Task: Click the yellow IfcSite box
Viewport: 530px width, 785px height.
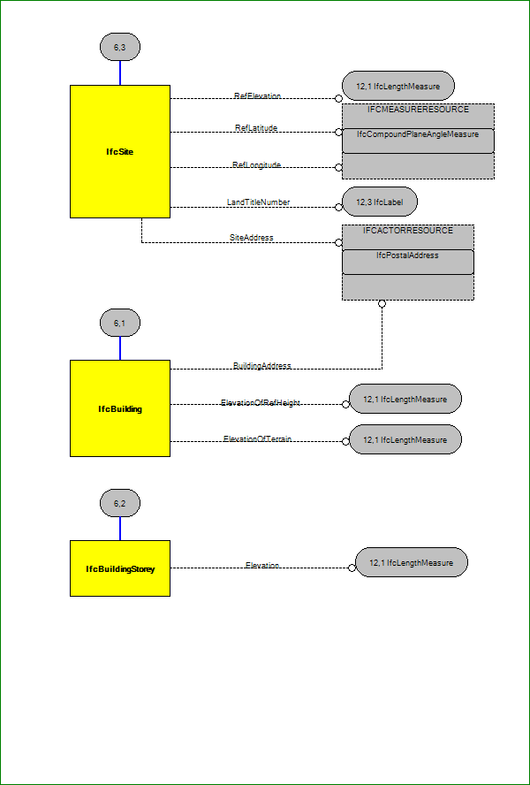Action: (x=119, y=151)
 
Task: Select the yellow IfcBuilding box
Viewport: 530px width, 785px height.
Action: (x=119, y=408)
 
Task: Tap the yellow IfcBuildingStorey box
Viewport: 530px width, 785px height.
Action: (x=119, y=568)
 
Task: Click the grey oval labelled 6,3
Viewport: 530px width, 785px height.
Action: (x=120, y=46)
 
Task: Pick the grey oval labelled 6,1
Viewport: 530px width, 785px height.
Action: (x=120, y=323)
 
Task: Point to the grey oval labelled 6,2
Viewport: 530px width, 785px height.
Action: (x=120, y=504)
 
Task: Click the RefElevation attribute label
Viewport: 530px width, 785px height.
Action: (x=257, y=95)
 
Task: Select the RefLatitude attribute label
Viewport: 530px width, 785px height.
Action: (x=256, y=128)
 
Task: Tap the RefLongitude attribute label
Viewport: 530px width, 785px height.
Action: (x=256, y=164)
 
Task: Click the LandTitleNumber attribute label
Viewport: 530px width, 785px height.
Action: (x=258, y=202)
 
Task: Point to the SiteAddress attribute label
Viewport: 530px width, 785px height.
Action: (x=252, y=237)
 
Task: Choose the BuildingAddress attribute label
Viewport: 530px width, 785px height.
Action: (x=261, y=365)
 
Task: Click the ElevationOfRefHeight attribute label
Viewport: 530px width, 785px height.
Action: (x=261, y=403)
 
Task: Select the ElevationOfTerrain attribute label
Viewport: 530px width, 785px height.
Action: (x=257, y=439)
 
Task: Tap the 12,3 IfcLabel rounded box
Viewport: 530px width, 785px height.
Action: (x=380, y=202)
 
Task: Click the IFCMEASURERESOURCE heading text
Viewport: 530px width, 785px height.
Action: (x=418, y=110)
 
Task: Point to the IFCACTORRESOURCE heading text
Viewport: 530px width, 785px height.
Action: (x=407, y=230)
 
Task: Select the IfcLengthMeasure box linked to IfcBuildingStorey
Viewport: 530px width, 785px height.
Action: (x=412, y=562)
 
